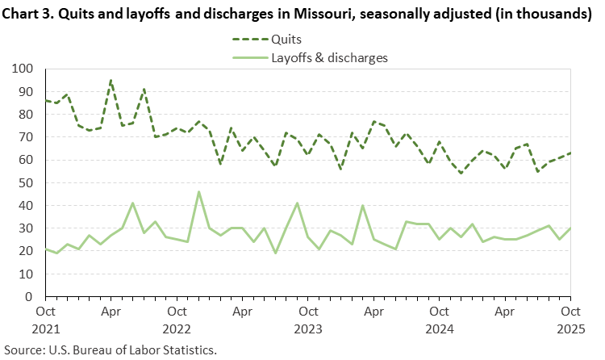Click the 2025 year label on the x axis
click(570, 329)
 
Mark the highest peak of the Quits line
click(111, 79)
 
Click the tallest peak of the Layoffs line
click(198, 191)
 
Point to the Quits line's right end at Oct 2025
click(570, 153)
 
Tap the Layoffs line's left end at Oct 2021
click(45, 249)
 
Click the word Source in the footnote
click(23, 350)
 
